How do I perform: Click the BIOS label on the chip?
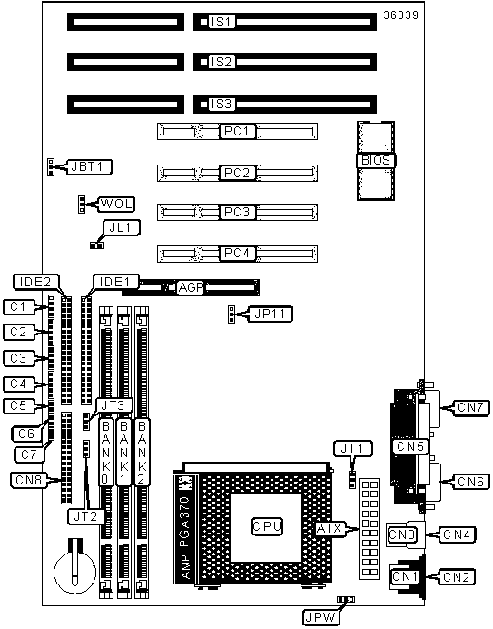pyautogui.click(x=376, y=161)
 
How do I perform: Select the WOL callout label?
pyautogui.click(x=116, y=205)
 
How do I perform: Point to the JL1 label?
pyautogui.click(x=120, y=227)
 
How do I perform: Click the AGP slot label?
pyautogui.click(x=191, y=287)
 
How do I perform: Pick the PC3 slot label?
pyautogui.click(x=237, y=212)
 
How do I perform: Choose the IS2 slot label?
pyautogui.click(x=222, y=62)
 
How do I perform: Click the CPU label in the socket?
pyautogui.click(x=267, y=526)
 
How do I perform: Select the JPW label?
pyautogui.click(x=320, y=617)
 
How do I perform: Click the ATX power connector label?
pyautogui.click(x=329, y=529)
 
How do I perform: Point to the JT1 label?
pyautogui.click(x=352, y=448)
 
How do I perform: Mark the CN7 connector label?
pyautogui.click(x=470, y=407)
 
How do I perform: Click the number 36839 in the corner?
pyautogui.click(x=400, y=15)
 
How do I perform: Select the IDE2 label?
pyautogui.click(x=36, y=282)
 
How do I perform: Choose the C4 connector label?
pyautogui.click(x=18, y=384)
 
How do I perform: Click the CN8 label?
pyautogui.click(x=29, y=479)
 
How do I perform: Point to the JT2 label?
pyautogui.click(x=85, y=516)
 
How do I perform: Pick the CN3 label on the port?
pyautogui.click(x=401, y=534)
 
